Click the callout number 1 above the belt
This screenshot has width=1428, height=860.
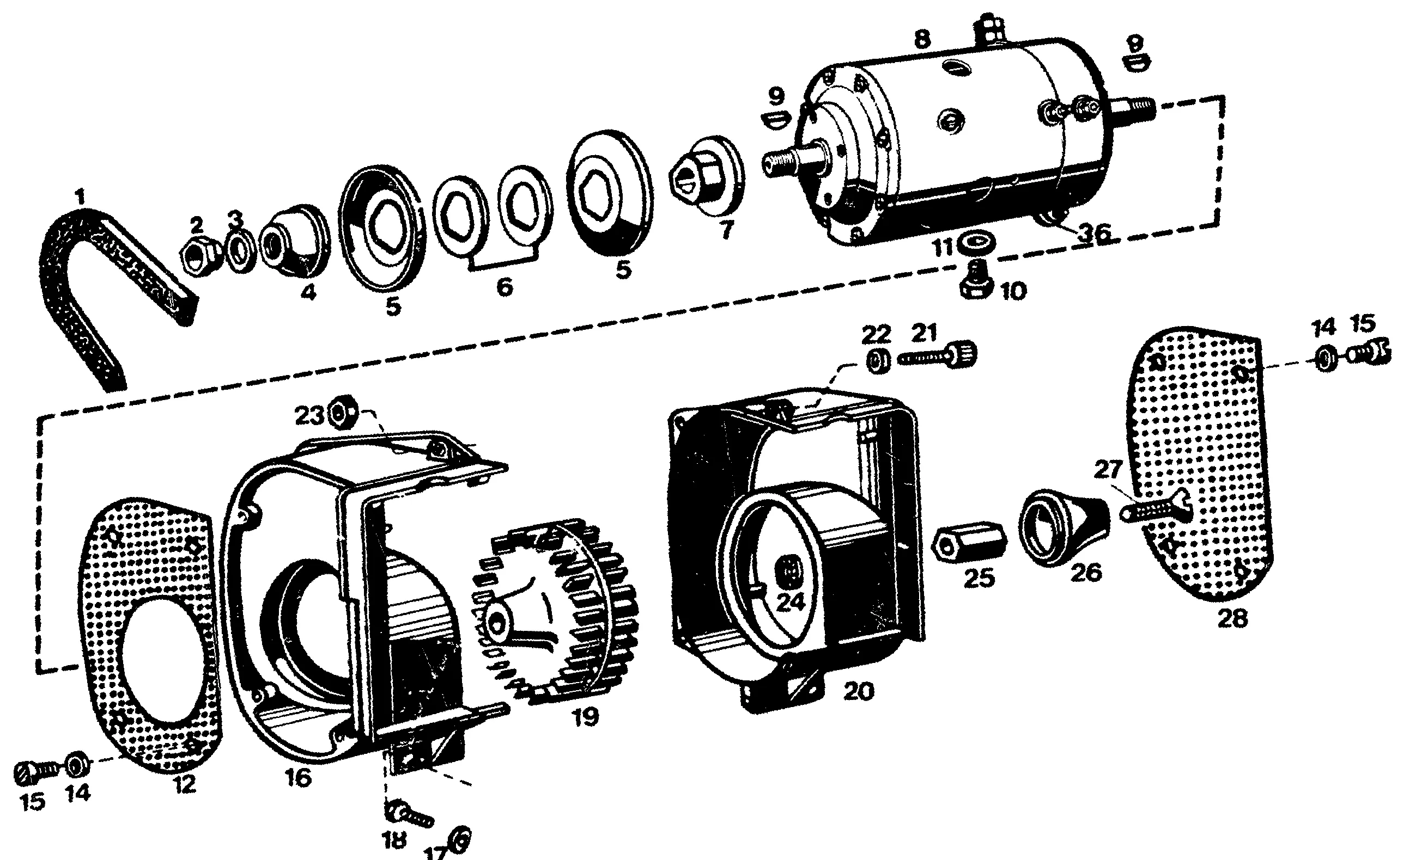click(81, 198)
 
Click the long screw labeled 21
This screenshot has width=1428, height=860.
click(938, 355)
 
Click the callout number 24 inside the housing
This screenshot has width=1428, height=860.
click(791, 603)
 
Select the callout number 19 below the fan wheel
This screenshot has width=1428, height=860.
click(585, 717)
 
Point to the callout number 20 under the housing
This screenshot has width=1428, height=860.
click(858, 691)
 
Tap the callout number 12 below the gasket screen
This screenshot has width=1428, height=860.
click(185, 785)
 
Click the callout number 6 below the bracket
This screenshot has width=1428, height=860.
click(505, 287)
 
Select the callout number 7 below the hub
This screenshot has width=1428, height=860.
click(726, 230)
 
